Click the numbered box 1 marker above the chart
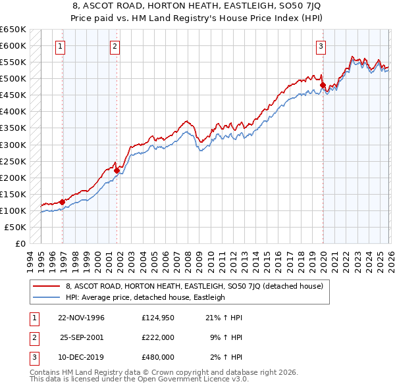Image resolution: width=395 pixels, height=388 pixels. [x=61, y=46]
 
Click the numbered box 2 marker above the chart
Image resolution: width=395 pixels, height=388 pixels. [x=115, y=46]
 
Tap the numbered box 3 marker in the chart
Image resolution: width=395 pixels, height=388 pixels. [x=321, y=46]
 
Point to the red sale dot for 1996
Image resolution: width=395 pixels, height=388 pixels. [x=63, y=202]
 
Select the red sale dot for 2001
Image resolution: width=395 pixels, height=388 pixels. [x=117, y=170]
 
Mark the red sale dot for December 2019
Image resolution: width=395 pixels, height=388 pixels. [x=323, y=85]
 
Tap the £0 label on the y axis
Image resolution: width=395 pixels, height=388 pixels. [x=21, y=244]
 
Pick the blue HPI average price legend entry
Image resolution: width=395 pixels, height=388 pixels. [x=145, y=297]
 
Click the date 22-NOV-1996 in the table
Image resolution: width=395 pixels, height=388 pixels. [x=81, y=318]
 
